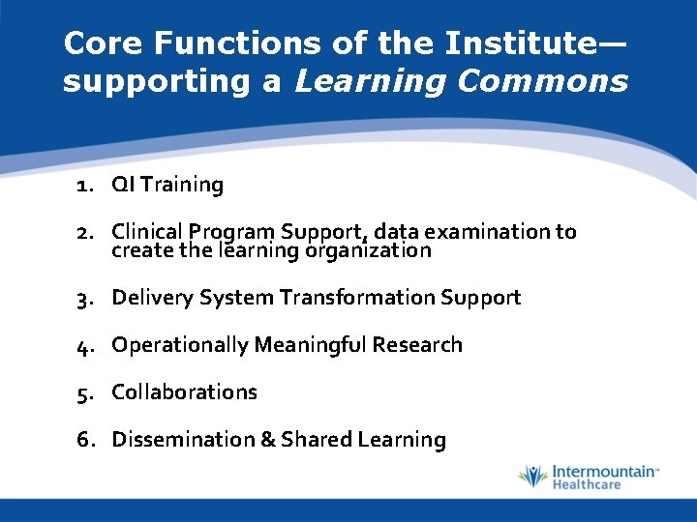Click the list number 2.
coord(84,232)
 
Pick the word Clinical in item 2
coord(147,232)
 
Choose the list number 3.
coord(84,298)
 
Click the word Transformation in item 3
coord(357,298)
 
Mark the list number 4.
coord(84,345)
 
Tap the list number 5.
coord(84,392)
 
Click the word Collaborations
coord(185,392)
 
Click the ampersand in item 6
coord(267,440)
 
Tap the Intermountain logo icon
coord(532,477)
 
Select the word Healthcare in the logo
coord(587,484)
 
